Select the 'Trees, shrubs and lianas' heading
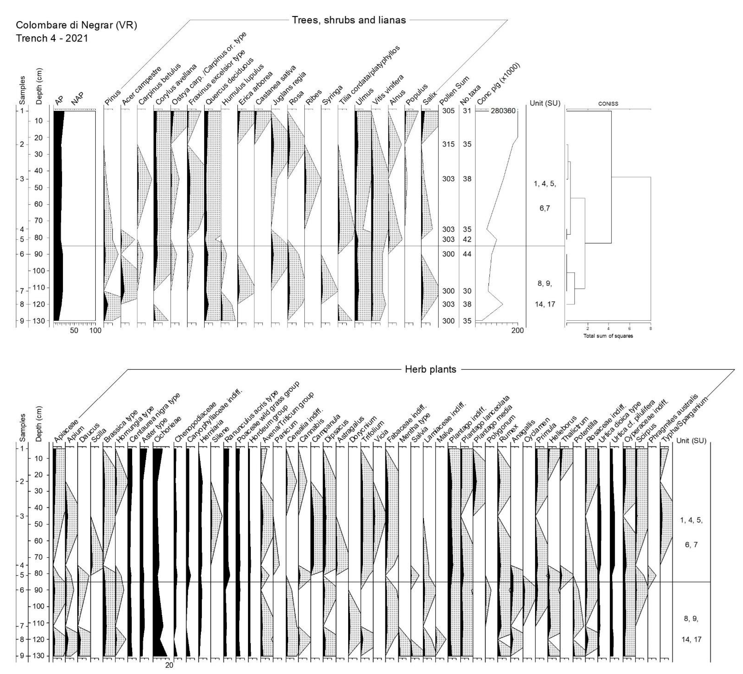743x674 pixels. [x=349, y=20]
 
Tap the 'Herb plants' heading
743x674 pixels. [x=430, y=369]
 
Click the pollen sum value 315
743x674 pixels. [x=448, y=145]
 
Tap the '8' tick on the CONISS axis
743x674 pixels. [x=650, y=328]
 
